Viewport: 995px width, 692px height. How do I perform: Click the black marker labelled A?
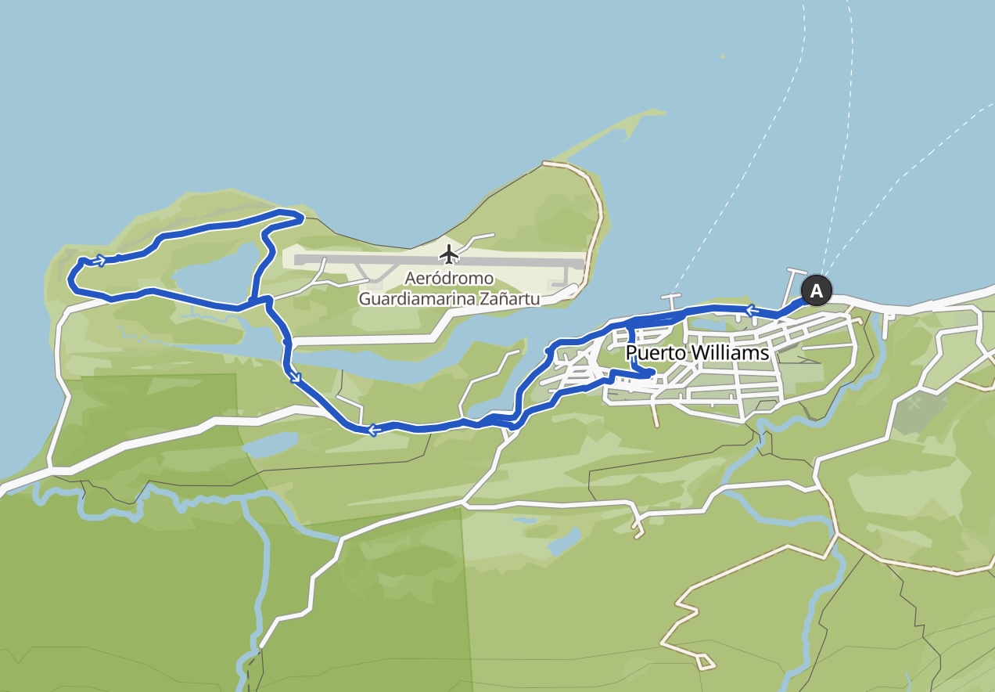[816, 291]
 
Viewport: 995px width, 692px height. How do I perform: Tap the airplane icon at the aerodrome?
[448, 254]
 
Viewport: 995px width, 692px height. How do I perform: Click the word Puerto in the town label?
[652, 353]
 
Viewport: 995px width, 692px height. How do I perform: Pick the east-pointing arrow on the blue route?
[100, 260]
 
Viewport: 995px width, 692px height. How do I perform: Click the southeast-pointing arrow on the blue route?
[296, 378]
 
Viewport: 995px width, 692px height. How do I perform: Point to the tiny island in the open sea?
[722, 56]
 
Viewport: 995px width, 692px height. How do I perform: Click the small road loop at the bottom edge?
[704, 662]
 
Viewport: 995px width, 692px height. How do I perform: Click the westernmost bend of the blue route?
[70, 278]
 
